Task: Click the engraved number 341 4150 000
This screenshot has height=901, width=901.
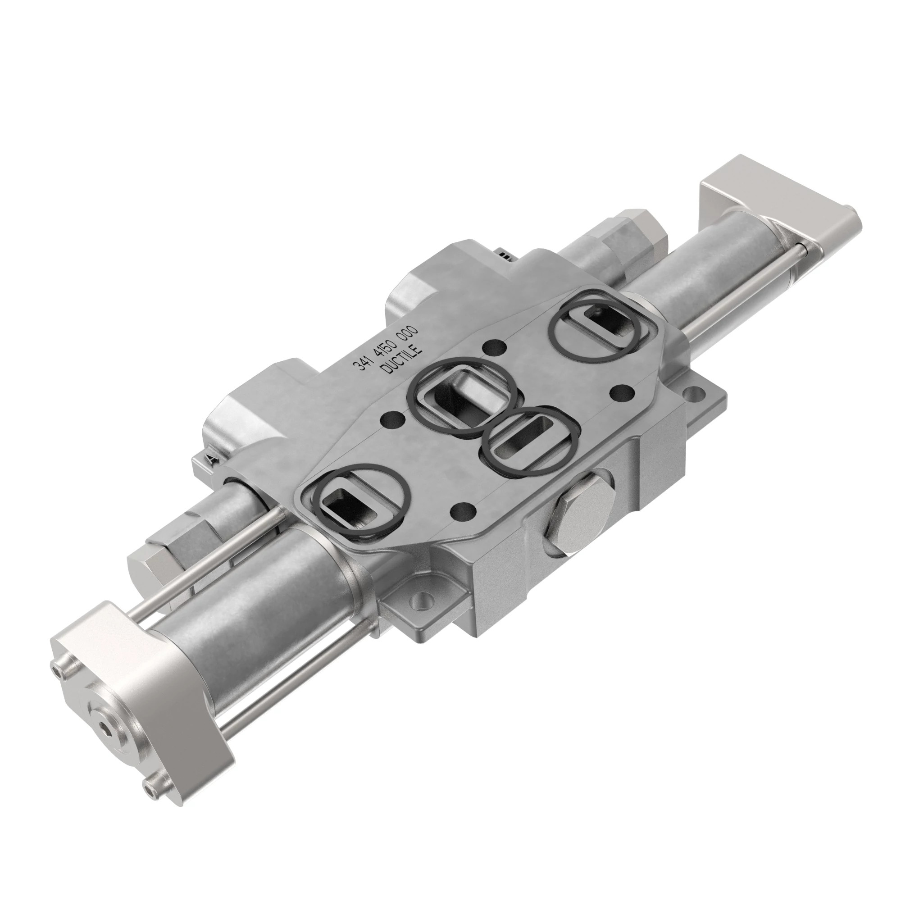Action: click(387, 348)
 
